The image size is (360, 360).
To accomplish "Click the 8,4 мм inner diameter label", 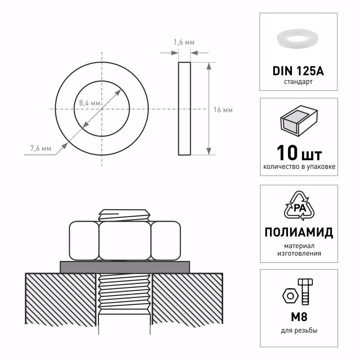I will (89, 103).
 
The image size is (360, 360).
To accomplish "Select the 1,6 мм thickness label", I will (184, 42).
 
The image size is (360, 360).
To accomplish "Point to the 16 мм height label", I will (223, 110).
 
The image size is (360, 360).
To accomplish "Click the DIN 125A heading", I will (298, 71).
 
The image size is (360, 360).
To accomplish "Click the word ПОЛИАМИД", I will (298, 233).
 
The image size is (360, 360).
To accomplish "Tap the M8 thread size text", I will (298, 318).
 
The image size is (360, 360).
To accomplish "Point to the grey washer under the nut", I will (125, 267).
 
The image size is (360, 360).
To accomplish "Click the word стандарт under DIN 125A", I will (298, 82).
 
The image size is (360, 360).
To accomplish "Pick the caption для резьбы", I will (298, 330).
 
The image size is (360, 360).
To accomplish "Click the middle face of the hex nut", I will (125, 240).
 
